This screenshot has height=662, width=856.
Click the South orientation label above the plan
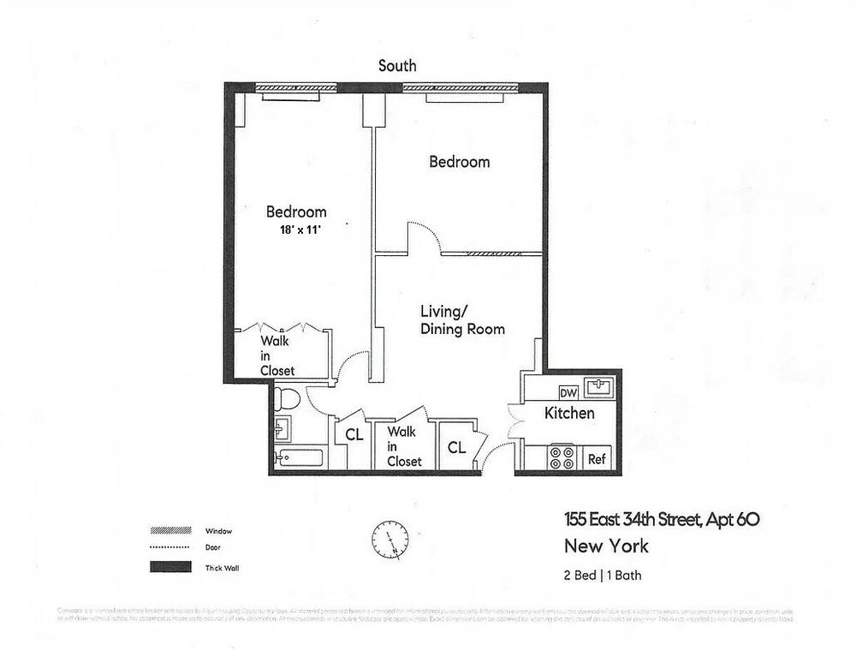[398, 66]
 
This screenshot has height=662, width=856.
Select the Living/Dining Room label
[462, 319]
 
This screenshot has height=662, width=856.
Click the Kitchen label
[569, 414]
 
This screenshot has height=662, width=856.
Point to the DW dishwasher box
[568, 392]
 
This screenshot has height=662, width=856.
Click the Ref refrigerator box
[597, 459]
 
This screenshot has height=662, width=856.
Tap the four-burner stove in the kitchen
[562, 457]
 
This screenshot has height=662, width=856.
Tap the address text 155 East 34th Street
[661, 518]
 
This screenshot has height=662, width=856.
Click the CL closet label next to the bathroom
[354, 434]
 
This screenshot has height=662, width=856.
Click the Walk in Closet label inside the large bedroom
[277, 355]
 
